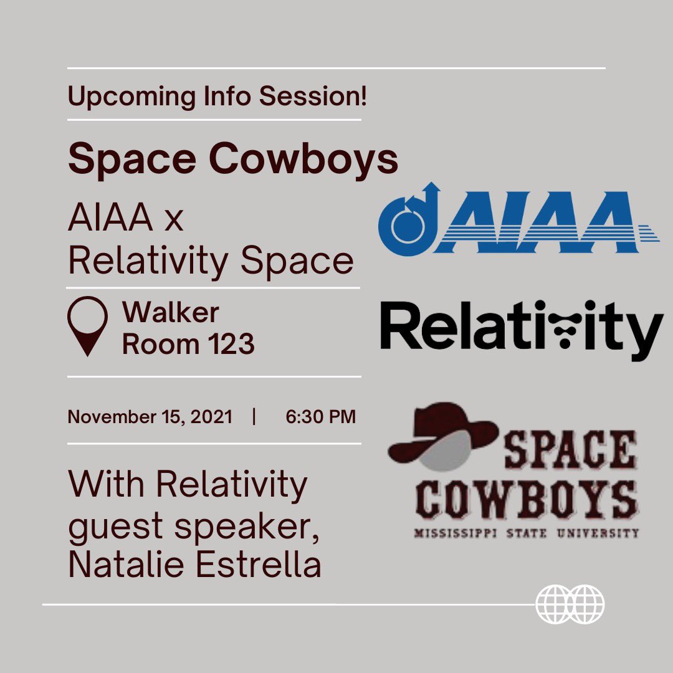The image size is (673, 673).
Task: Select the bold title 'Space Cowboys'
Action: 232,160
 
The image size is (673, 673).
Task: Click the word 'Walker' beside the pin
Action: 171,313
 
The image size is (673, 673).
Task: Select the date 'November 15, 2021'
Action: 150,417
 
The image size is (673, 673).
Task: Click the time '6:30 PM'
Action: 320,417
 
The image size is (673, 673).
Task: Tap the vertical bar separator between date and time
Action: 254,417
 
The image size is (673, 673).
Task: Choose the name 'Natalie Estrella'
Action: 194,565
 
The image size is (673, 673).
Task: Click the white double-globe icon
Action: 570,604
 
